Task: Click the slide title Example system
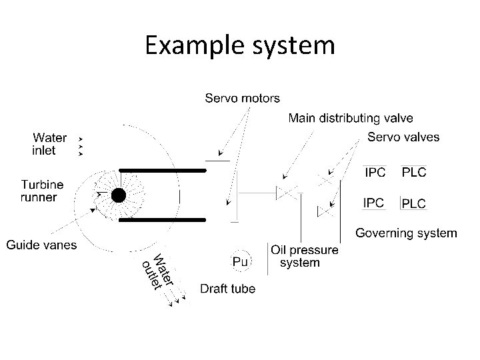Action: point(240,45)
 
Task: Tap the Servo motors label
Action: point(242,99)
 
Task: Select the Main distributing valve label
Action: point(350,118)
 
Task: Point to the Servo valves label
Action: point(403,137)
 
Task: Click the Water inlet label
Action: point(50,144)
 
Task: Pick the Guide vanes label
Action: point(41,245)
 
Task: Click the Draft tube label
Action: point(228,289)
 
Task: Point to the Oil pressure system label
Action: point(304,256)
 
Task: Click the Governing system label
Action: point(406,233)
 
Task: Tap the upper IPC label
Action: point(373,172)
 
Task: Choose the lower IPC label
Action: point(373,202)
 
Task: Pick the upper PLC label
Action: point(413,172)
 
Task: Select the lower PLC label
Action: point(413,203)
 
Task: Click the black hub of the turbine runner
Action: point(119,195)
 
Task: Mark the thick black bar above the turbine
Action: point(162,171)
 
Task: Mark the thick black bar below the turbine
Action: point(162,219)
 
